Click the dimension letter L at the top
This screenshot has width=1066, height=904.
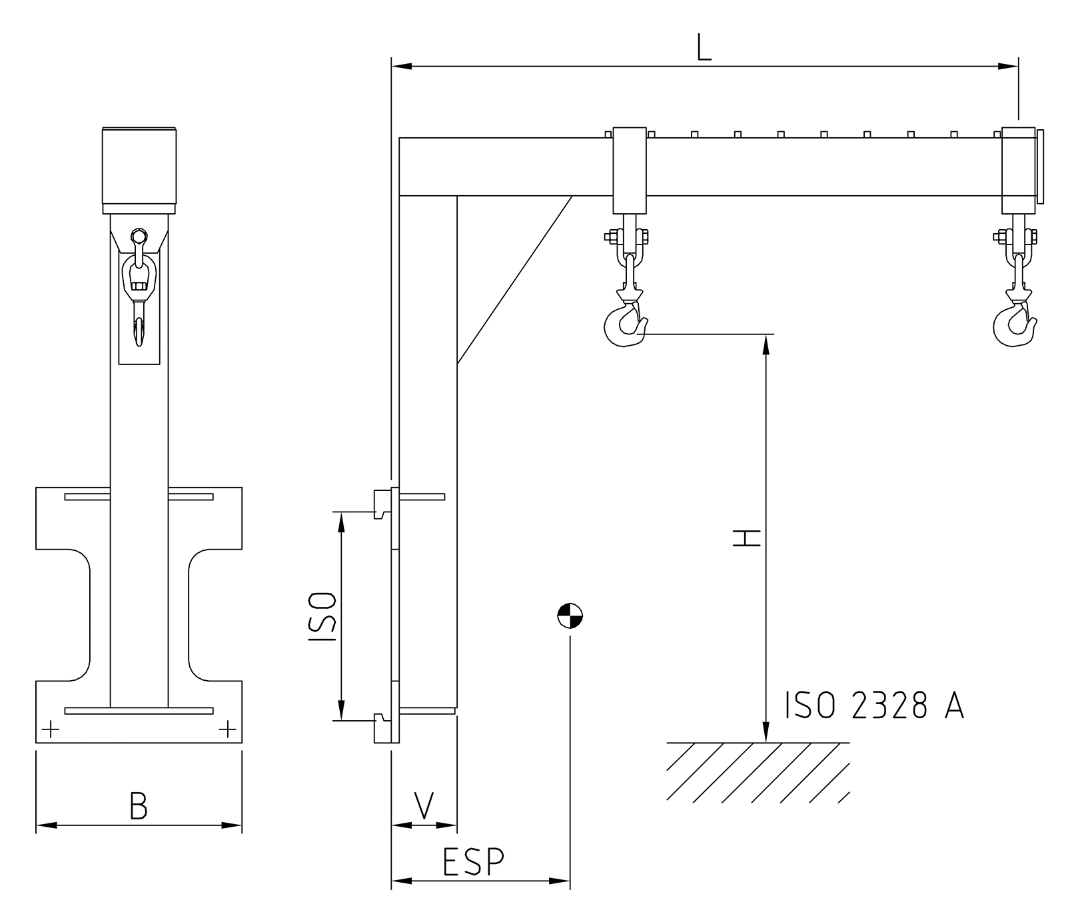[704, 47]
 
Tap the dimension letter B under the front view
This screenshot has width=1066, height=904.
[139, 805]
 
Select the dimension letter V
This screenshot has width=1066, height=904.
[424, 805]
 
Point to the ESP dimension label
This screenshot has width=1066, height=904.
[474, 862]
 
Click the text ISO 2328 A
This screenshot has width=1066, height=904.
[875, 705]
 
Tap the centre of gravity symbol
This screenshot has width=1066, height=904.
[570, 616]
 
